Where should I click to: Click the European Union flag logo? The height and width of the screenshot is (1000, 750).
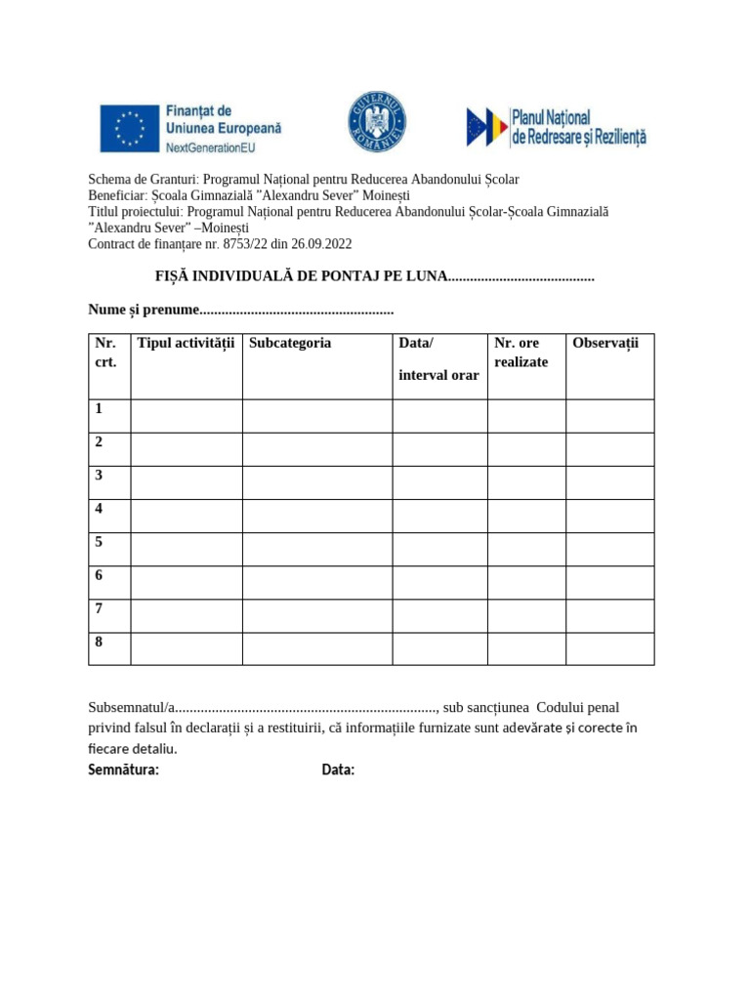[130, 128]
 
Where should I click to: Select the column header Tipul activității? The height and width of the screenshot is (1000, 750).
[187, 343]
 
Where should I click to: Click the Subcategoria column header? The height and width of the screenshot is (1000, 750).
[290, 343]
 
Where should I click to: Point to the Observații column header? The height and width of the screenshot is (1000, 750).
[604, 343]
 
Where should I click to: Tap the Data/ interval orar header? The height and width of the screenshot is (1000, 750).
[438, 358]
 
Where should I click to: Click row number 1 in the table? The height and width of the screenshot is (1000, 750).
[100, 409]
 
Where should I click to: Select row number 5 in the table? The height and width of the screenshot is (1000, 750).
[100, 542]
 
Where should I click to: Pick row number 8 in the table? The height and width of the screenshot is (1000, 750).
[100, 642]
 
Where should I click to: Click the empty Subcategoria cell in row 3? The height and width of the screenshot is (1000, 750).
[317, 482]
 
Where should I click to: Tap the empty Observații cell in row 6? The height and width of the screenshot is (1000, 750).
[609, 582]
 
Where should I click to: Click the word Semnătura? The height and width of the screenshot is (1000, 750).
[123, 771]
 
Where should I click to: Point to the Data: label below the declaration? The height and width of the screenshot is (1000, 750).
[338, 771]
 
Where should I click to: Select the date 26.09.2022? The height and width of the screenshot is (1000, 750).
[321, 244]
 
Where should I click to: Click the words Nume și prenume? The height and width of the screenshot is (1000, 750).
[143, 310]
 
